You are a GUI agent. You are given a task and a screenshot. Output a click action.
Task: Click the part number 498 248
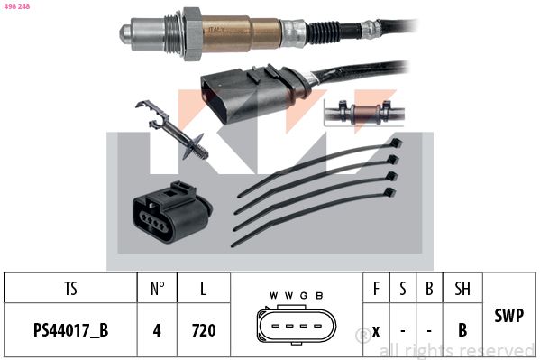(x=17, y=7)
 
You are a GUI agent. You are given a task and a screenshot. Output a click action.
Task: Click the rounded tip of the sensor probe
(x=124, y=32)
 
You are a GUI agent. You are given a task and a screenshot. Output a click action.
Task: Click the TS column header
(x=70, y=290)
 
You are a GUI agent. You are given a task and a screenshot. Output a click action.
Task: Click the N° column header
(x=157, y=290)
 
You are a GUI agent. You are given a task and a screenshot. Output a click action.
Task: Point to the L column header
(x=203, y=290)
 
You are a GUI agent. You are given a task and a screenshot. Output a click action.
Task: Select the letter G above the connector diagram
(x=305, y=296)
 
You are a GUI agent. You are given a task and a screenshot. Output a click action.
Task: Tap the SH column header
(x=462, y=290)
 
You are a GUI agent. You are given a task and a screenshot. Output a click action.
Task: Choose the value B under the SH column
(x=462, y=330)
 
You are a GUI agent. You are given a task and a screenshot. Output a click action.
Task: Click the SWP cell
(x=509, y=315)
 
